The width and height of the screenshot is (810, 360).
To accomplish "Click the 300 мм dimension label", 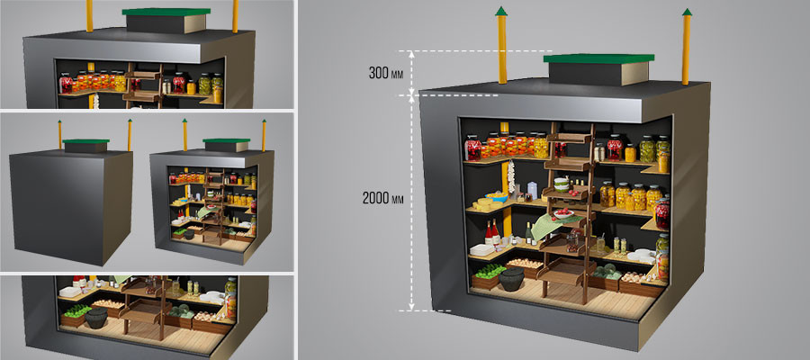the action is click(385, 73).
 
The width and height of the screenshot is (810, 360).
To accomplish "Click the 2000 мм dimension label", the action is click(382, 198).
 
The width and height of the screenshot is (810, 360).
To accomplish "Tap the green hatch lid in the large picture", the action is click(598, 58).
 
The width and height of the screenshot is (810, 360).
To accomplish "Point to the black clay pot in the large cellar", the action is click(511, 279).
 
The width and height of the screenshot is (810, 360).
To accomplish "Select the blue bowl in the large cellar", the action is click(497, 197).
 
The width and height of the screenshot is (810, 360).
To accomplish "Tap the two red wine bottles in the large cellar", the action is click(491, 232).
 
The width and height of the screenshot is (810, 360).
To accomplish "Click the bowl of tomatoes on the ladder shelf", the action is click(563, 212).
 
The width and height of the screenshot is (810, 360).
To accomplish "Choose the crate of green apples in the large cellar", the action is click(486, 275).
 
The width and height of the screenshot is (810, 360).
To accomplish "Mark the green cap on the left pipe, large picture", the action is click(501, 12).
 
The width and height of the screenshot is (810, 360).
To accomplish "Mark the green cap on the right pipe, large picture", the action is click(687, 12).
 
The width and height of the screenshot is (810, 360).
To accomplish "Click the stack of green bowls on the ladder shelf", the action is click(562, 184).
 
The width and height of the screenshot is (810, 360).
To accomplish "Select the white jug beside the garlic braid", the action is click(532, 191).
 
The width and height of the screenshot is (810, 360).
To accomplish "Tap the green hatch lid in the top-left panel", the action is click(166, 12).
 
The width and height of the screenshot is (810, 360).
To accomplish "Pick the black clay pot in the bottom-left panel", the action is click(96, 318).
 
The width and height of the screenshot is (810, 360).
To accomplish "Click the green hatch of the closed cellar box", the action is click(85, 141).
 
